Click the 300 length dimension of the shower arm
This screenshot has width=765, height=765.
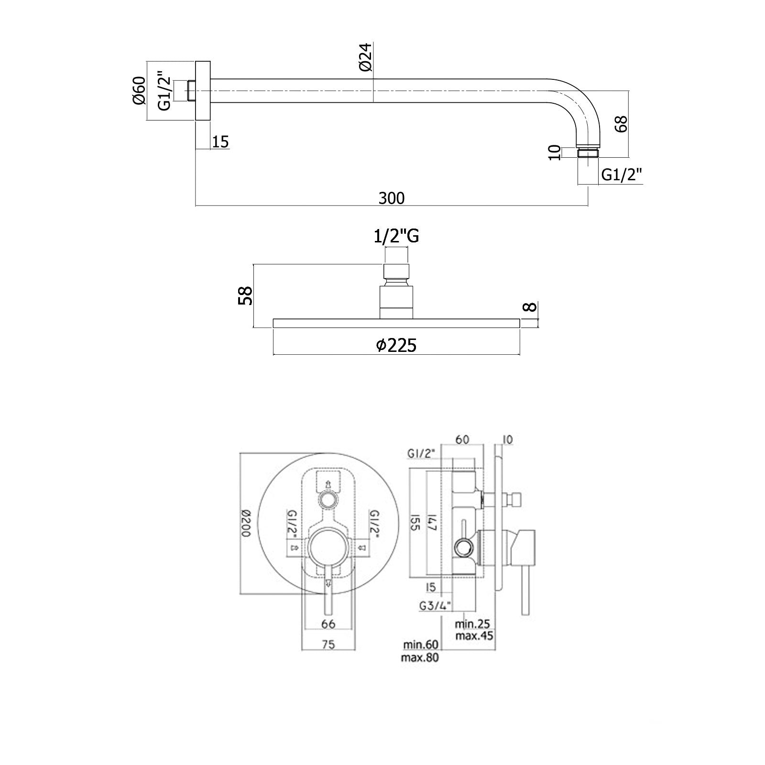point(391,197)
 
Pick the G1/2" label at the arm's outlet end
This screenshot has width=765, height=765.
point(621,175)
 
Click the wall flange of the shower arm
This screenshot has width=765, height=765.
point(203,91)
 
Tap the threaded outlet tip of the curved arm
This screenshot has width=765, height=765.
point(588,153)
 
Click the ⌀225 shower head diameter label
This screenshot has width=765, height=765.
point(396,345)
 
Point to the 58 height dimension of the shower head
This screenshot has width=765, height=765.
point(245,296)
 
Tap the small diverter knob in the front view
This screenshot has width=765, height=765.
point(328,500)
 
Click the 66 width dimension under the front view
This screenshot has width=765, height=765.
point(328,623)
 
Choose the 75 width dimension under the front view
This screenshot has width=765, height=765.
point(328,645)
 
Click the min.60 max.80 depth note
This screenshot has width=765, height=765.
point(420,651)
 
